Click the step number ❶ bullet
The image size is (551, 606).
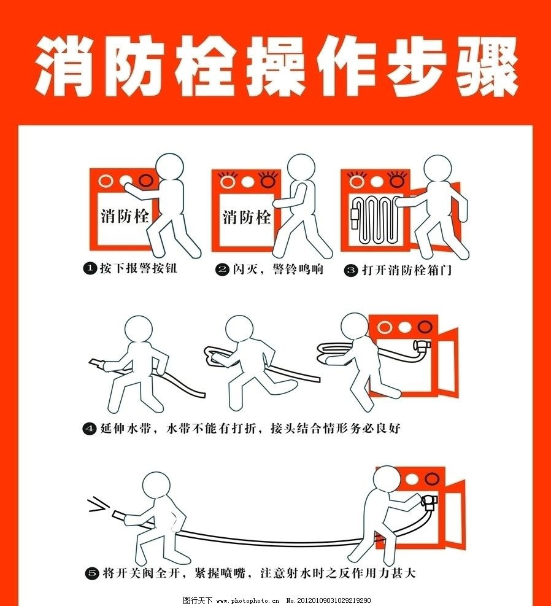coord(90,268)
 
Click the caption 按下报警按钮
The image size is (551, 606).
coord(137,268)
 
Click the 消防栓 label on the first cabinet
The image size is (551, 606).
coord(125,216)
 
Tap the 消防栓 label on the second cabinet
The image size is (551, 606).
coord(247,217)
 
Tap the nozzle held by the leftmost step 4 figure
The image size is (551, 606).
coord(96,365)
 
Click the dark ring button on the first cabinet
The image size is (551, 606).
coord(146,181)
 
